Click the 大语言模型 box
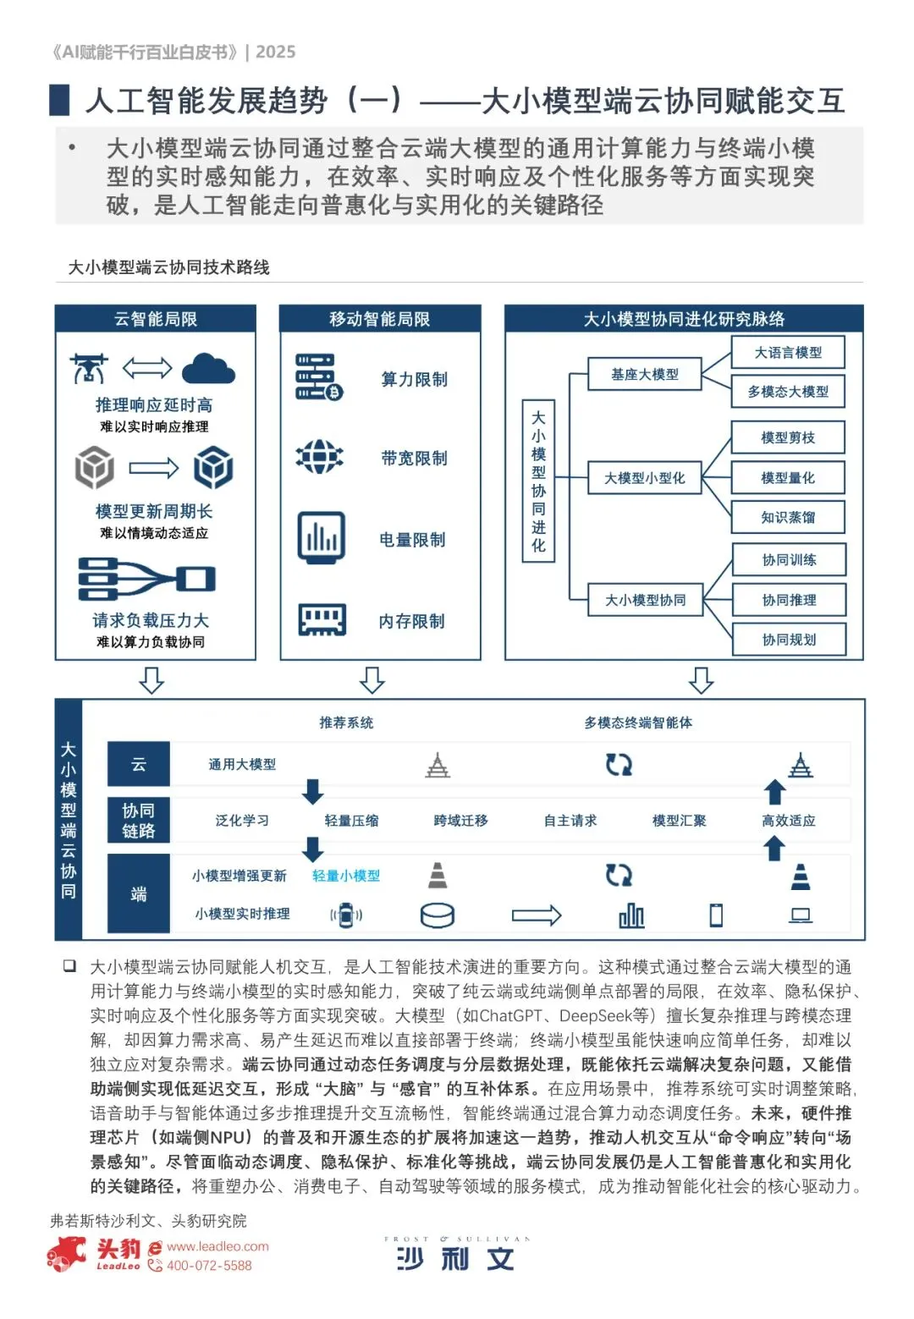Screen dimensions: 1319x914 pos(788,353)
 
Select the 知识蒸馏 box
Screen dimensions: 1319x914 pos(788,517)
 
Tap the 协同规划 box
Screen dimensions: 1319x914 pos(789,640)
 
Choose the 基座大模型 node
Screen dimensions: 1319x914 pos(645,374)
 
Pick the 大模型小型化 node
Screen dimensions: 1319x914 pos(645,478)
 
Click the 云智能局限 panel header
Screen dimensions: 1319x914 pos(156,319)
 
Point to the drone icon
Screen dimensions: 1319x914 pos(89,369)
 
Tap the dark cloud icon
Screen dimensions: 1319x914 pos(208,369)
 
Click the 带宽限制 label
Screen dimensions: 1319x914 pos(414,459)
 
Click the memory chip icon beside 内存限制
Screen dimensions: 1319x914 pos(322,619)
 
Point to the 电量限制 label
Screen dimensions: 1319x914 pos(412,540)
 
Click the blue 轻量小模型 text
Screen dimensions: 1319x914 pos(345,876)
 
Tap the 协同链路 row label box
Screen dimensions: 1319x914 pos(139,821)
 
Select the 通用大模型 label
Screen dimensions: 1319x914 pos(242,765)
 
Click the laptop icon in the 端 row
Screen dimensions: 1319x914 pos(801,915)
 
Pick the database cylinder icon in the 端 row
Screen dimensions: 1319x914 pos(438,915)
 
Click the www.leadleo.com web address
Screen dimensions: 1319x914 pos(217,1246)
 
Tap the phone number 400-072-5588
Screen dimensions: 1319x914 pos(209,1266)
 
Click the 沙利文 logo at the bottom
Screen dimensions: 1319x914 pos(455,1259)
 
